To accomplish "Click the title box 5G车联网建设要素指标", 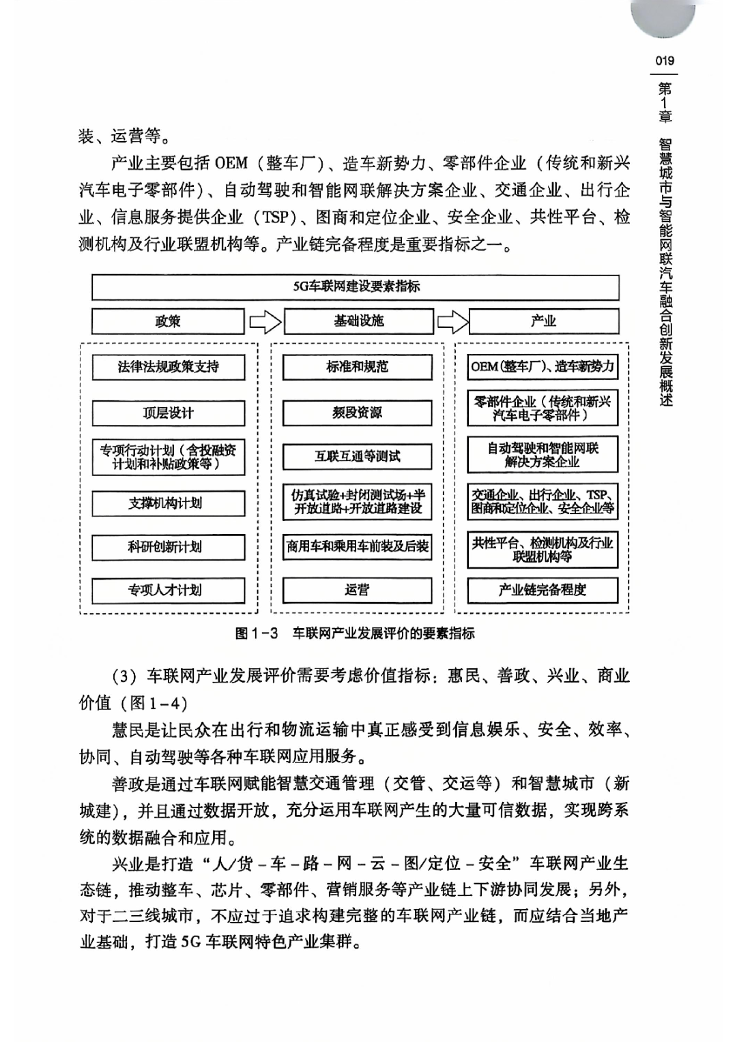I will tap(356, 287).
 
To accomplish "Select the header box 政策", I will tap(168, 321).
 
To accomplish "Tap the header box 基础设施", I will tap(358, 321).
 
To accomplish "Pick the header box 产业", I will tap(543, 321).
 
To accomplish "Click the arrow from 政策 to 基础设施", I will tap(264, 321).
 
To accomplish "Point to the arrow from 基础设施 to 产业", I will tap(452, 321).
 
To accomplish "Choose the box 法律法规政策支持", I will tap(168, 367).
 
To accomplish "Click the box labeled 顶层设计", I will tap(168, 413).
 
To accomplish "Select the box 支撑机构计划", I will tap(168, 503).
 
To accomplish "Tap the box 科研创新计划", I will tap(168, 547).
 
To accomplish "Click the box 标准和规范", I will tap(358, 367).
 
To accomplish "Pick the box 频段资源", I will tap(358, 413).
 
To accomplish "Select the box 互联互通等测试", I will tap(358, 457).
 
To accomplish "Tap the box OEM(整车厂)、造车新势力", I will tap(543, 367).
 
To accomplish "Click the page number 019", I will tap(664, 60).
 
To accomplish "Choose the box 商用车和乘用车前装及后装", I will tap(358, 547).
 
